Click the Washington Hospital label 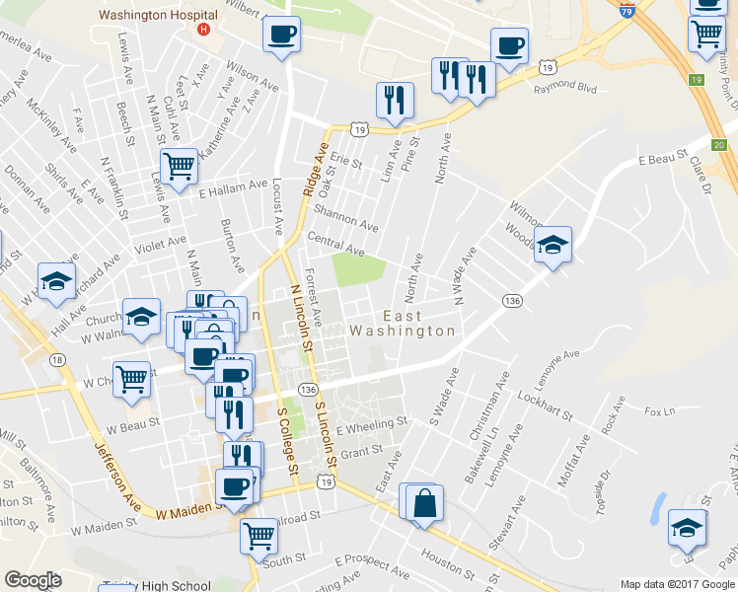click(x=158, y=16)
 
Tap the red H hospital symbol click(x=204, y=30)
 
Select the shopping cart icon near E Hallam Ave click(x=178, y=167)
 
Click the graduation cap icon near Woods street click(x=553, y=244)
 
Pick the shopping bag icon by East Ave click(x=423, y=502)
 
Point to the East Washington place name click(x=404, y=324)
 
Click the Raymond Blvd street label click(x=565, y=88)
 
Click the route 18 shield click(x=58, y=360)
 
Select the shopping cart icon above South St click(x=258, y=535)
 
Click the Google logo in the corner click(x=33, y=581)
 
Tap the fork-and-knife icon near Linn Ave click(x=394, y=99)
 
